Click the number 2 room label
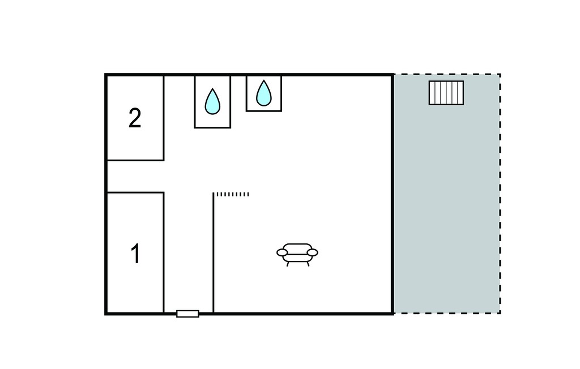click(x=135, y=118)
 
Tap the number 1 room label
click(x=136, y=254)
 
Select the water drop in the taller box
click(x=213, y=101)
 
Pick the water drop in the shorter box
click(x=264, y=93)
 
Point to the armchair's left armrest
click(x=282, y=252)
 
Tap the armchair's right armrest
click(x=313, y=252)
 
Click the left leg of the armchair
click(x=288, y=264)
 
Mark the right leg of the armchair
click(x=308, y=264)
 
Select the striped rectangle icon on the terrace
click(x=446, y=93)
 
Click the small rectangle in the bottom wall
click(x=187, y=314)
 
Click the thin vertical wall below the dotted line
click(x=214, y=253)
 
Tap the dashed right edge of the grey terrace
click(x=500, y=194)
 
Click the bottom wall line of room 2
click(x=135, y=160)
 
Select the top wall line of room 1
click(x=135, y=192)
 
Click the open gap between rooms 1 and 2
click(x=135, y=177)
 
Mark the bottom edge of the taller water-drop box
click(x=213, y=127)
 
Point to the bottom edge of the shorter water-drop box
click(x=264, y=110)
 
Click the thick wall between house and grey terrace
click(x=393, y=194)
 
